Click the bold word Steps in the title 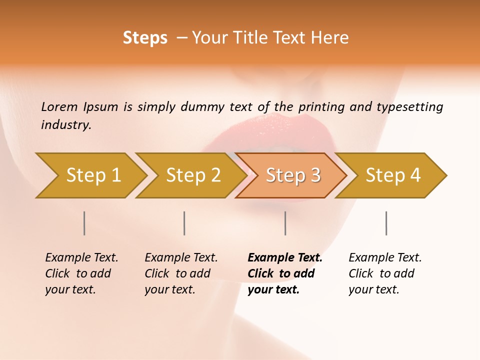(x=145, y=38)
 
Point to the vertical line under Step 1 (x=84, y=223)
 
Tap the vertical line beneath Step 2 (x=184, y=223)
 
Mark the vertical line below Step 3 (x=285, y=223)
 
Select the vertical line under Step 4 (x=386, y=223)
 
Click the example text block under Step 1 (x=81, y=273)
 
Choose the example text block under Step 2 (x=181, y=273)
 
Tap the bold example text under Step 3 (x=285, y=273)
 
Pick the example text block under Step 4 (x=385, y=273)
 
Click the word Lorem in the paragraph (x=58, y=107)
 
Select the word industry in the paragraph (x=66, y=125)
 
